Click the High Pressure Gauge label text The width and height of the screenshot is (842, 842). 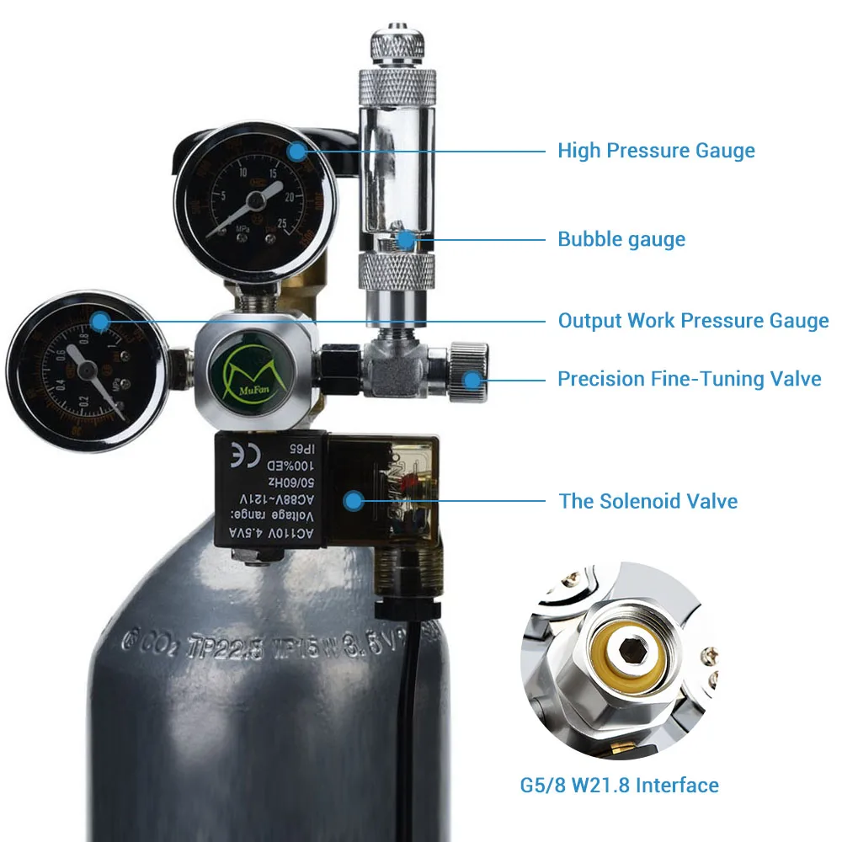click(656, 152)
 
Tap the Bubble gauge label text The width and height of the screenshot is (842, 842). click(621, 239)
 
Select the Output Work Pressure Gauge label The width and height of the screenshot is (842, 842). click(693, 321)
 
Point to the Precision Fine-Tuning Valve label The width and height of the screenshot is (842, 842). click(689, 379)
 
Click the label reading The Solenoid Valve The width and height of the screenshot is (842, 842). click(647, 502)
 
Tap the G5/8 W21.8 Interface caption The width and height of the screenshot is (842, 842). click(619, 786)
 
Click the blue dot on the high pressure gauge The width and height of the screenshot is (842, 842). click(296, 152)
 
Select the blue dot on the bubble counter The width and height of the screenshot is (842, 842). click(407, 239)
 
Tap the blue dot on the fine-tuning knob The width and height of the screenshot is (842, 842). click(473, 379)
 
